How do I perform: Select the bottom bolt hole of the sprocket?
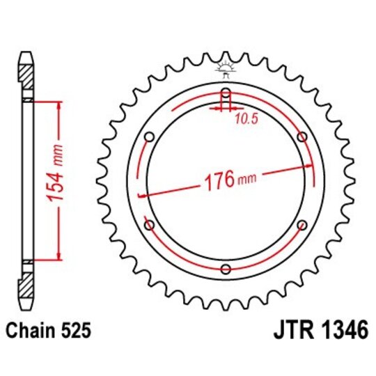pos(225,269)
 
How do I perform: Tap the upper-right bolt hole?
pos(301,136)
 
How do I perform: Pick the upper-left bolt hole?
pos(148,136)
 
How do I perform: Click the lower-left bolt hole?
pos(148,224)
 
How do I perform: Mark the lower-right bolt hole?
pos(301,224)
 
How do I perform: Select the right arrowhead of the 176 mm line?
pos(307,165)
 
